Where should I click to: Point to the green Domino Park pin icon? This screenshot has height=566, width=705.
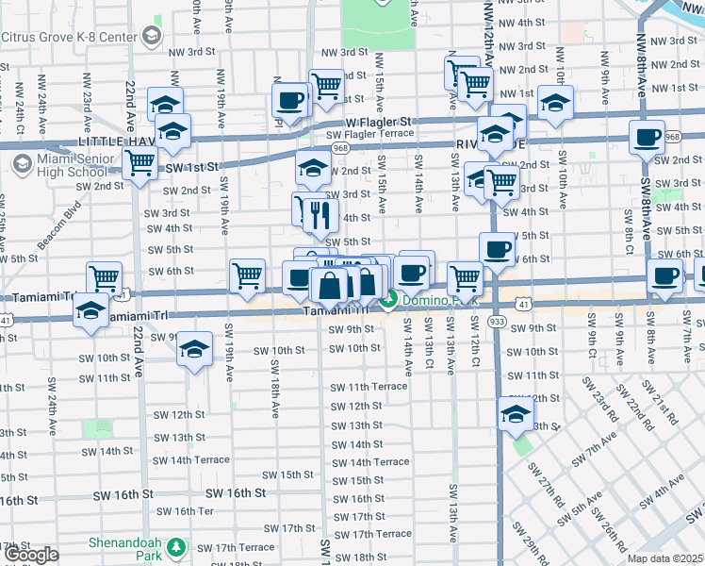tap(389, 302)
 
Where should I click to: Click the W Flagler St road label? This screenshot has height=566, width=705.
tap(379, 123)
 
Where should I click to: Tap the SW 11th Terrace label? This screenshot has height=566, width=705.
tap(368, 388)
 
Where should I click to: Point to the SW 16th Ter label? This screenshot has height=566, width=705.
tap(185, 511)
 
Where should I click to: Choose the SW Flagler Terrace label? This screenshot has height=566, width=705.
tap(370, 134)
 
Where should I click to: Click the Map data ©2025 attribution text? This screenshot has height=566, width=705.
tap(664, 558)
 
